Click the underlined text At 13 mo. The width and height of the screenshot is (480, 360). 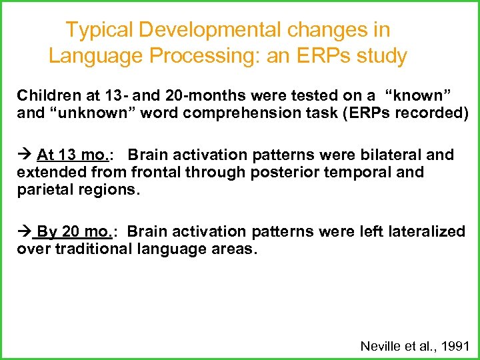pyautogui.click(x=71, y=155)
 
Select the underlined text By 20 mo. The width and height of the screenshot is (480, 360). pyautogui.click(x=73, y=231)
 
